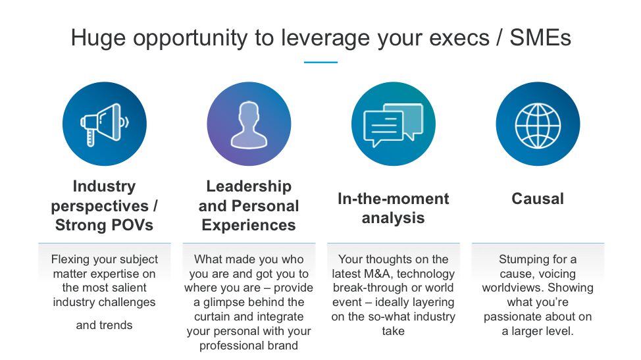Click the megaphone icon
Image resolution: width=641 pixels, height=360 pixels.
click(x=104, y=124)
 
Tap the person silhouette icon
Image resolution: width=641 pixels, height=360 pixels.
click(x=248, y=124)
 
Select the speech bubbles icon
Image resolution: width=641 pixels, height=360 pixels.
click(x=393, y=124)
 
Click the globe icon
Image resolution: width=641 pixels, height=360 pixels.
click(x=538, y=124)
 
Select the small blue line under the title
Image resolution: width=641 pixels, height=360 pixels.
click(x=320, y=63)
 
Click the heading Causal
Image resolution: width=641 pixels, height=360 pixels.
click(x=538, y=199)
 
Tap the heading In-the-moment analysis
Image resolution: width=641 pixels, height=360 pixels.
click(x=393, y=208)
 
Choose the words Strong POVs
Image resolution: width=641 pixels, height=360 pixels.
click(x=104, y=225)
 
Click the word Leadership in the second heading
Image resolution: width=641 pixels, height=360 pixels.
click(x=248, y=186)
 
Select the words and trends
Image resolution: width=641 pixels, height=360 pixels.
click(x=104, y=325)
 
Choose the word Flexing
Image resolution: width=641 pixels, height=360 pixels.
click(x=70, y=259)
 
